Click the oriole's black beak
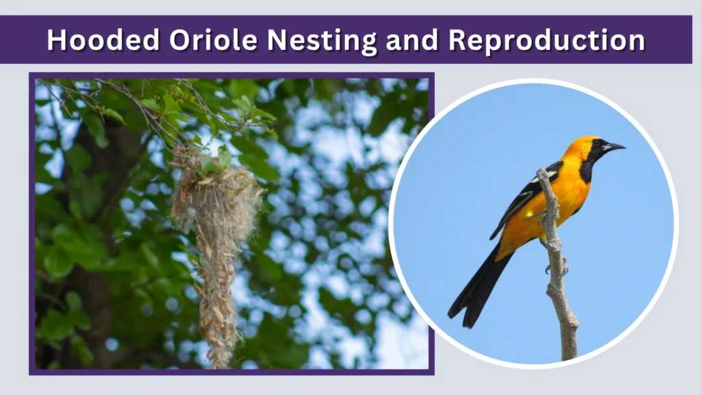click(614, 146)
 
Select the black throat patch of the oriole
click(587, 168)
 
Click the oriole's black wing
click(524, 199)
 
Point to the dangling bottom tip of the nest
click(221, 360)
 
